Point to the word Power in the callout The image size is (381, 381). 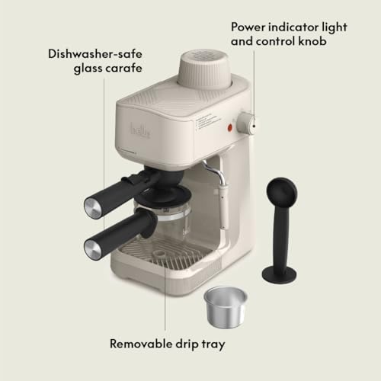(250, 25)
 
